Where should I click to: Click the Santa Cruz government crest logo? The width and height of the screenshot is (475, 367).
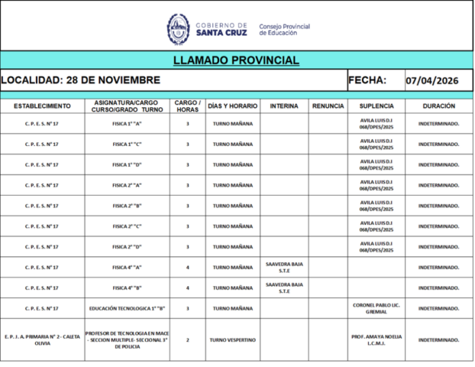(178, 29)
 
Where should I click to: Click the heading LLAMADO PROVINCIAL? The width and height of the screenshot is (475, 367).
(237, 60)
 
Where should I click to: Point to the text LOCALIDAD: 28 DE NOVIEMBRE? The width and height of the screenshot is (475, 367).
(81, 80)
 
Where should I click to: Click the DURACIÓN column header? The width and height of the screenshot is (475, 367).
(438, 106)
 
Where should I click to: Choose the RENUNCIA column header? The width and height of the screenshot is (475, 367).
(328, 106)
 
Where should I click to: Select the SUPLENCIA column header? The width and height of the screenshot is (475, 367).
(376, 106)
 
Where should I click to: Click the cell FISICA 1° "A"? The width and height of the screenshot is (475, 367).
(128, 123)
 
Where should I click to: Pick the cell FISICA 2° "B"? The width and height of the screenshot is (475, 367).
(128, 206)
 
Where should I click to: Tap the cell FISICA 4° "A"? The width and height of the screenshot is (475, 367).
(128, 268)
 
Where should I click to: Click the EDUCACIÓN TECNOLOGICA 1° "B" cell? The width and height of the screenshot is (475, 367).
(128, 309)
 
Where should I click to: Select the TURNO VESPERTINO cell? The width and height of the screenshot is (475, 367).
(233, 340)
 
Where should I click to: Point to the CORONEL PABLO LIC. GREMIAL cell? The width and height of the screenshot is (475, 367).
(376, 309)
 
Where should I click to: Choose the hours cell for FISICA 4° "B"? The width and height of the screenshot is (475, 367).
(187, 288)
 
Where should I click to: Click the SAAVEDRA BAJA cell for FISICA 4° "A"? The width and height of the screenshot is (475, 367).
(284, 268)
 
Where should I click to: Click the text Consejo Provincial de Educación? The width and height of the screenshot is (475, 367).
(285, 30)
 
